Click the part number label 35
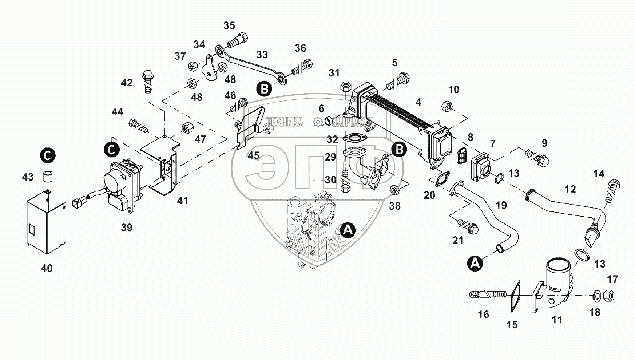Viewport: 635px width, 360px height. pyautogui.click(x=229, y=26)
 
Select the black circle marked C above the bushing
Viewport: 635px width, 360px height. pyautogui.click(x=48, y=156)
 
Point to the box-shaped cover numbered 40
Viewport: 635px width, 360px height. pyautogui.click(x=46, y=226)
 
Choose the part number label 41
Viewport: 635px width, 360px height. pyautogui.click(x=182, y=200)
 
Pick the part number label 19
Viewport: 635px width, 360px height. pyautogui.click(x=501, y=205)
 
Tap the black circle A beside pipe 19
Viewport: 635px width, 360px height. pyautogui.click(x=475, y=263)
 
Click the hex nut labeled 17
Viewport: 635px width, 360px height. pyautogui.click(x=608, y=295)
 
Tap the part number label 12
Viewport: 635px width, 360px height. pyautogui.click(x=570, y=189)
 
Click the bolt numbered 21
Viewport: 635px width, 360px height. pyautogui.click(x=468, y=226)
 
